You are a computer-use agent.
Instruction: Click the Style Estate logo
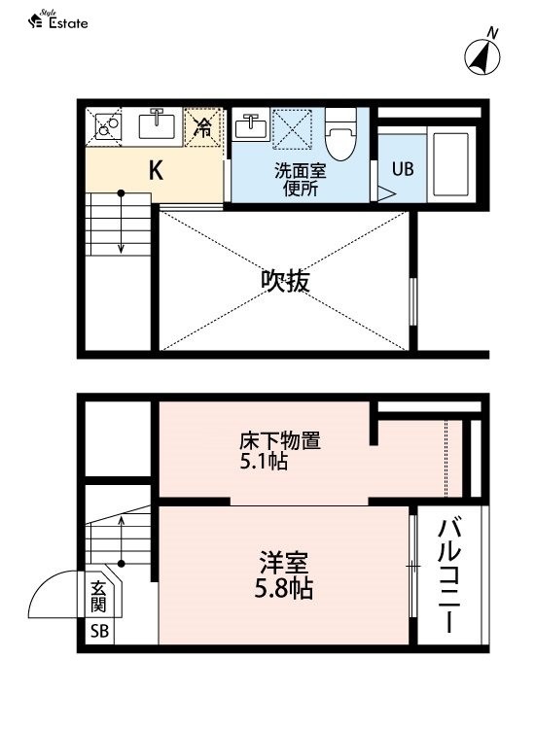58,19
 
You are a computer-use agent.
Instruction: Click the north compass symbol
482,54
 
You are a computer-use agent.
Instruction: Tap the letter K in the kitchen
156,171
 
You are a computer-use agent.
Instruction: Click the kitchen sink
157,123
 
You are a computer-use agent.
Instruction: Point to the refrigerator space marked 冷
203,127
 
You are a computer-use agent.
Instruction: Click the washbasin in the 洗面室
250,124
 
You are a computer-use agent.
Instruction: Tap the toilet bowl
340,134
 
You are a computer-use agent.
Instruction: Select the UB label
403,169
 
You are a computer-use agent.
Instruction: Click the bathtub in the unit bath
450,164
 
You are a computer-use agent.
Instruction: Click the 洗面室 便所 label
300,180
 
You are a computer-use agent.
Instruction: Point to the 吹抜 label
285,281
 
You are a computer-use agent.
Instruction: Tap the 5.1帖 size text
264,461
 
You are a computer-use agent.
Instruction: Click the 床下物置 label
280,440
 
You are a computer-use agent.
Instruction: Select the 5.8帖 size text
283,589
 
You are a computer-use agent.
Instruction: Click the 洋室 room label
284,563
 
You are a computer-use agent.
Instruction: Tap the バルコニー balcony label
449,575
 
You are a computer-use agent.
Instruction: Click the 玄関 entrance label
98,597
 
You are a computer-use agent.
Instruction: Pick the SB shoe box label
99,631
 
